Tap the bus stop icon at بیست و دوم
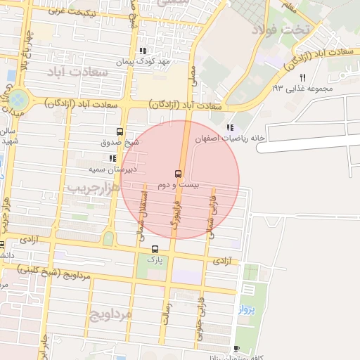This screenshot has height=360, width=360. coord(177,172)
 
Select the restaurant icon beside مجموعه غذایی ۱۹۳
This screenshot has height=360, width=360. coord(303,77)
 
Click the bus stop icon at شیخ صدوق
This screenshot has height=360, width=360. coord(119,131)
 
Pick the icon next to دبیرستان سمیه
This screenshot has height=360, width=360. coord(112,158)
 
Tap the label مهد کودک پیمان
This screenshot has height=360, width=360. coord(164,62)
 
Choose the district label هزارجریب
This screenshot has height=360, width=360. coord(88,188)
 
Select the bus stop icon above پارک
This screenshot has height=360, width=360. coord(155,249)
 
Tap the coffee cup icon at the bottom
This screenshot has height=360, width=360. coord(236,348)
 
